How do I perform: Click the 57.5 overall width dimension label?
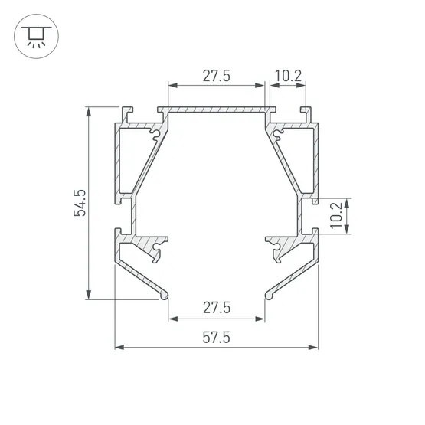tap(216, 338)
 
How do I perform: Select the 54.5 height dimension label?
tap(80, 203)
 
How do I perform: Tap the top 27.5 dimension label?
tap(216, 76)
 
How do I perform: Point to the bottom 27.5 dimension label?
tap(217, 308)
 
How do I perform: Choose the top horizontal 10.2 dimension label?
tap(288, 76)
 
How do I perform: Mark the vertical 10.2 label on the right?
tap(337, 216)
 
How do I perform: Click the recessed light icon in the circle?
tap(36, 36)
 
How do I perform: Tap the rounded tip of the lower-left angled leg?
tap(165, 296)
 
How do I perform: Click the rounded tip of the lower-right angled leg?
tap(269, 296)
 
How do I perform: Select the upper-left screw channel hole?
tap(156, 134)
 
